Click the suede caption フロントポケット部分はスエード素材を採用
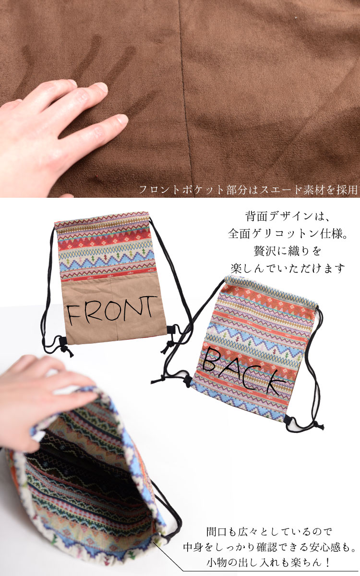point(248,190)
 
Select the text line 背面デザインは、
point(287,216)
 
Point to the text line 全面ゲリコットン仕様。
point(287,234)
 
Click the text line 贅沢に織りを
point(287,251)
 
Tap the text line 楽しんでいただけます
point(287,268)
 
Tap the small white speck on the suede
point(296,18)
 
